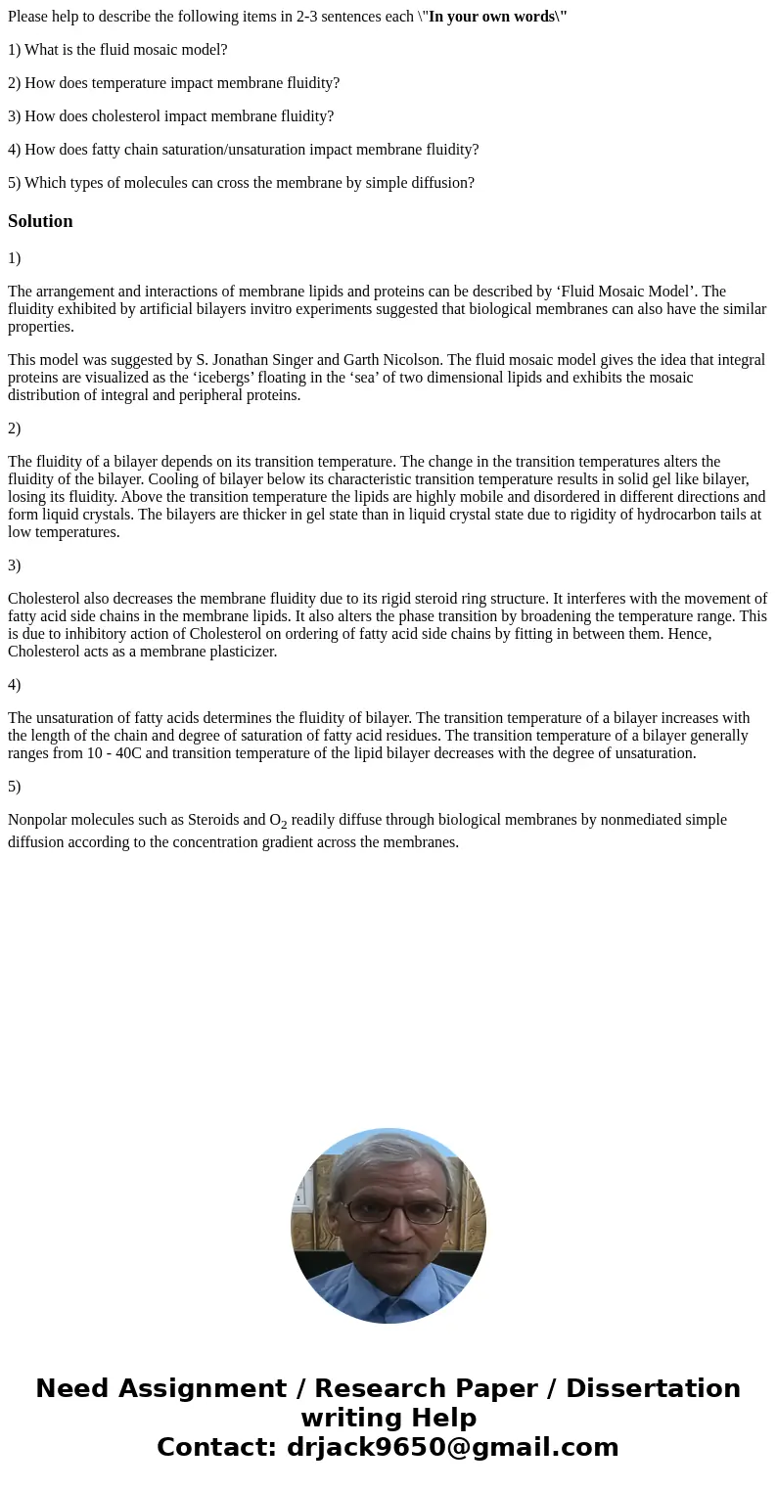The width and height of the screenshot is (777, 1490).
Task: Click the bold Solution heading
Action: point(40,221)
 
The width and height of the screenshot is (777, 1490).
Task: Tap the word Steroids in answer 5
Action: point(238,820)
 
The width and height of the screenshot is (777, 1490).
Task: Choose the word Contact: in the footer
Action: point(216,1447)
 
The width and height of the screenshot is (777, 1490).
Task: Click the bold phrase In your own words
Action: point(495,17)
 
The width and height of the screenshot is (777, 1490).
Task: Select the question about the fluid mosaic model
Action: point(117,50)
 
